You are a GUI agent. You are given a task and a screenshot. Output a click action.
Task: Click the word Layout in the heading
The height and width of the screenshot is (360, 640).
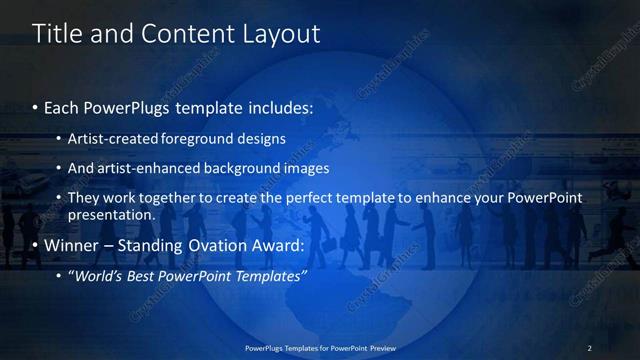(282, 34)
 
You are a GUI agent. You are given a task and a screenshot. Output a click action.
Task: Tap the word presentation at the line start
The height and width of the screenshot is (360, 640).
(111, 214)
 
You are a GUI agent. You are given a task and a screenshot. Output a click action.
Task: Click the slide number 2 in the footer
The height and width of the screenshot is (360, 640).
(589, 348)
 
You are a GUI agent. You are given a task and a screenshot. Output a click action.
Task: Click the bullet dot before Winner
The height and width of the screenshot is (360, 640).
(35, 246)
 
